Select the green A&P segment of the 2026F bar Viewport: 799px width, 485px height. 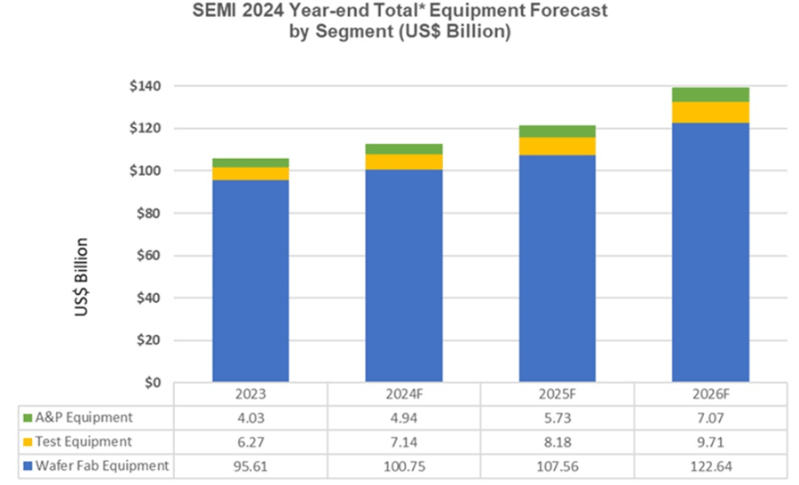(710, 94)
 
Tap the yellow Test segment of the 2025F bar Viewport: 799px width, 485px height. (557, 146)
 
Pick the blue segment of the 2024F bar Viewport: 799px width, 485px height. (404, 275)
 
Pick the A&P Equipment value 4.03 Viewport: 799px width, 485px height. (250, 417)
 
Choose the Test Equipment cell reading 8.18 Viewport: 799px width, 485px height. (557, 441)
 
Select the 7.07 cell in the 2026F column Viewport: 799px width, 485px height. (710, 417)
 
